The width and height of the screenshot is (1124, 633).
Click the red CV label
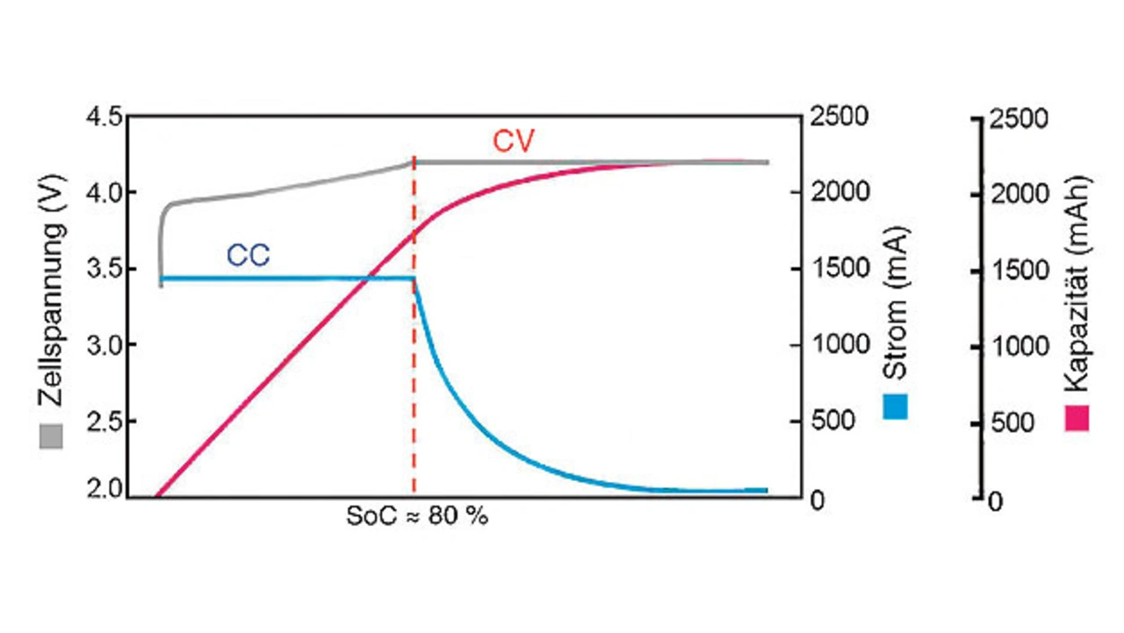pos(513,142)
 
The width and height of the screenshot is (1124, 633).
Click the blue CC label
pos(249,255)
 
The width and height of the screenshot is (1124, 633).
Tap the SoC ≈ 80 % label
pos(417,516)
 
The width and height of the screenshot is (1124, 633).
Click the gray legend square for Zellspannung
pos(52,436)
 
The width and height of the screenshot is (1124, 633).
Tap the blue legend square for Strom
pos(896,406)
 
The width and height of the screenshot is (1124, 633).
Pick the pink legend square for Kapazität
pos(1077,418)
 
